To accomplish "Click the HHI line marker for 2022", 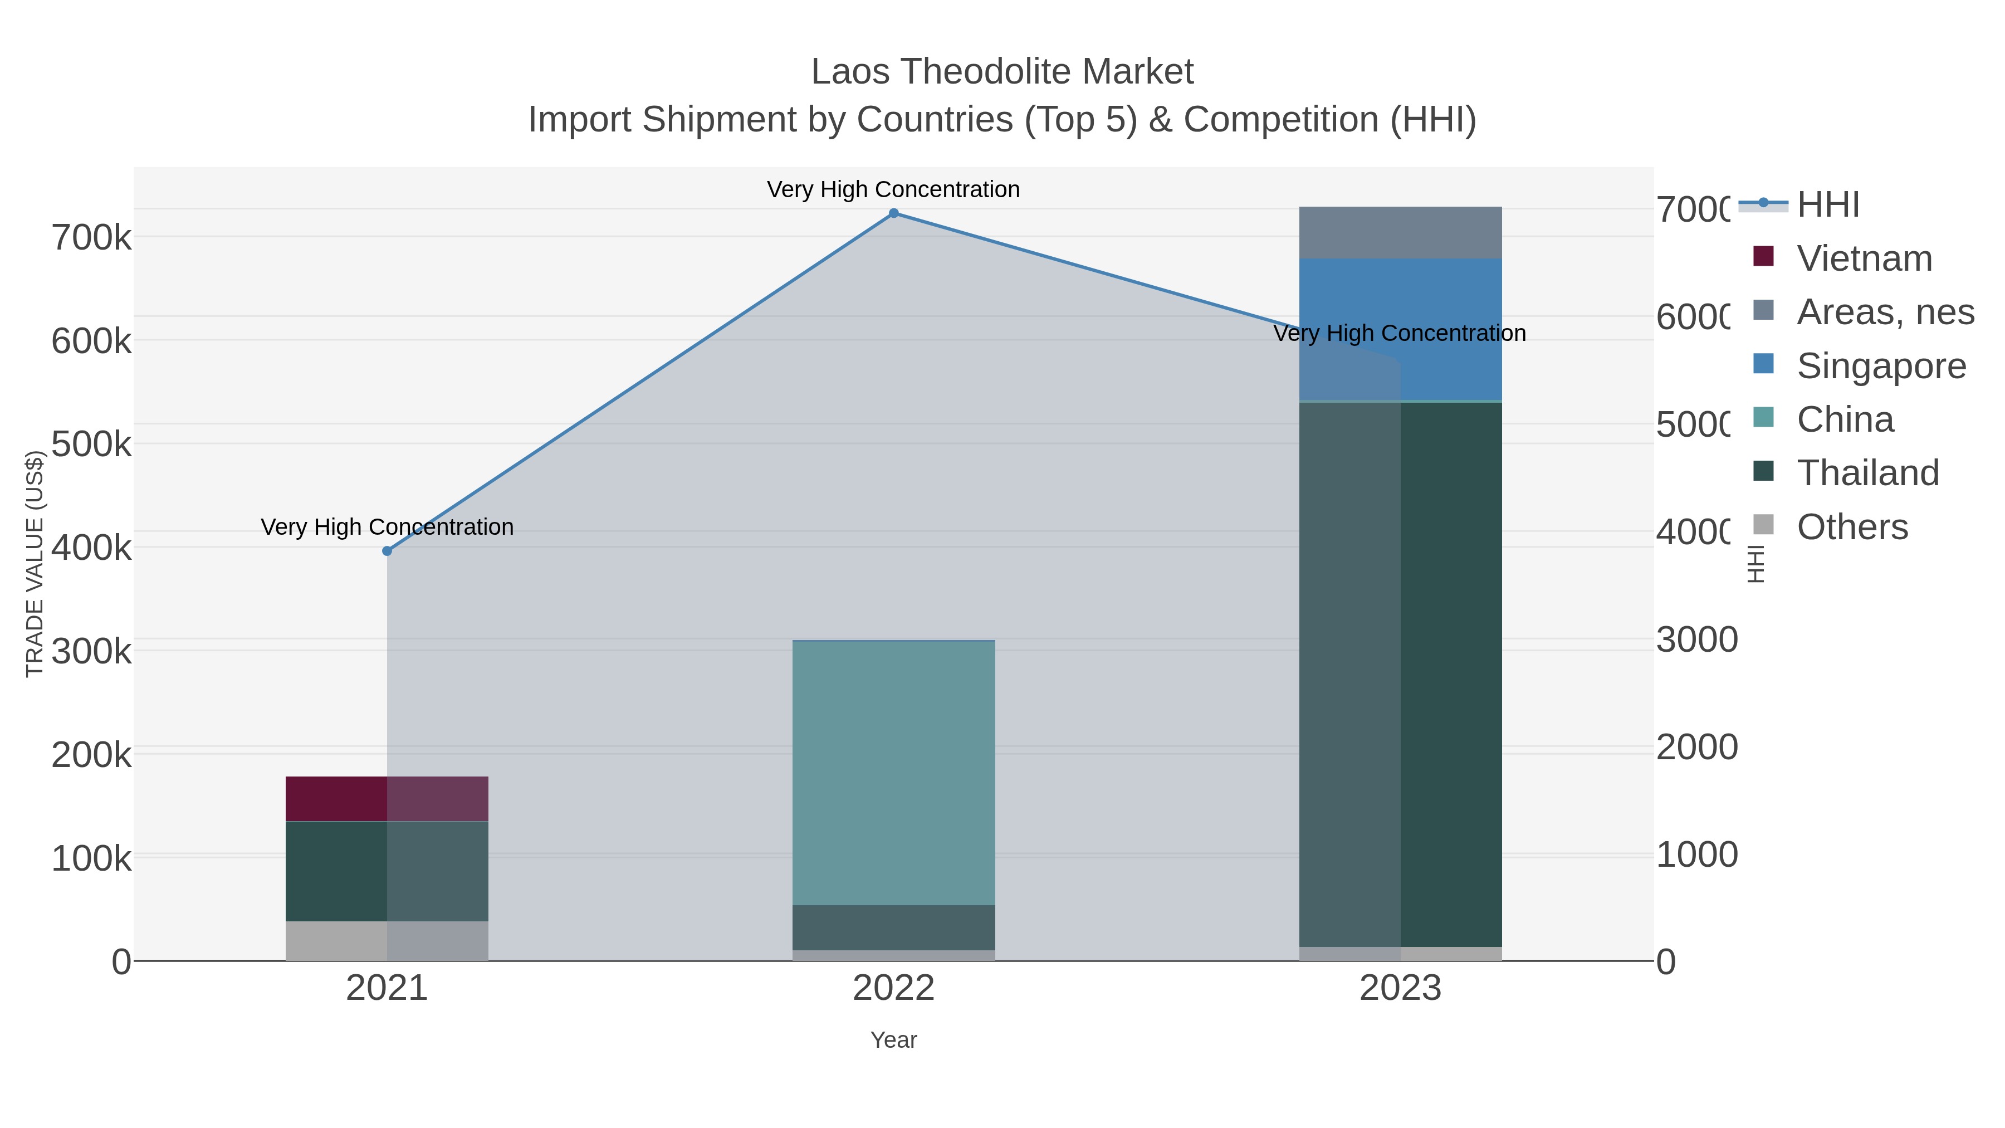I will [893, 213].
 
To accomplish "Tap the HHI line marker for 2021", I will [387, 551].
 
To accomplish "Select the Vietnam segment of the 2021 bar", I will [387, 799].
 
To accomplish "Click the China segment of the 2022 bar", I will [893, 772].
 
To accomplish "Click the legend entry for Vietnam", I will [1865, 258].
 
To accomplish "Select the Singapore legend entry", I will [1880, 366].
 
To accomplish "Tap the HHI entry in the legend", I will [1827, 205].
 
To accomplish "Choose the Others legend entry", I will [1852, 527].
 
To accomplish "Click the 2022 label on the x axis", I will [893, 989].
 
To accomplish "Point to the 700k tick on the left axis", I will [91, 237].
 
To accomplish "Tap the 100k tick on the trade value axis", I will [91, 858].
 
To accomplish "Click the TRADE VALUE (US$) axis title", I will [34, 564].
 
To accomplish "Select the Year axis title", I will [893, 1040].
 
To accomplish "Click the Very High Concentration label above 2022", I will [893, 189].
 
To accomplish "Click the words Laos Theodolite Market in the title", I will [1002, 72].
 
